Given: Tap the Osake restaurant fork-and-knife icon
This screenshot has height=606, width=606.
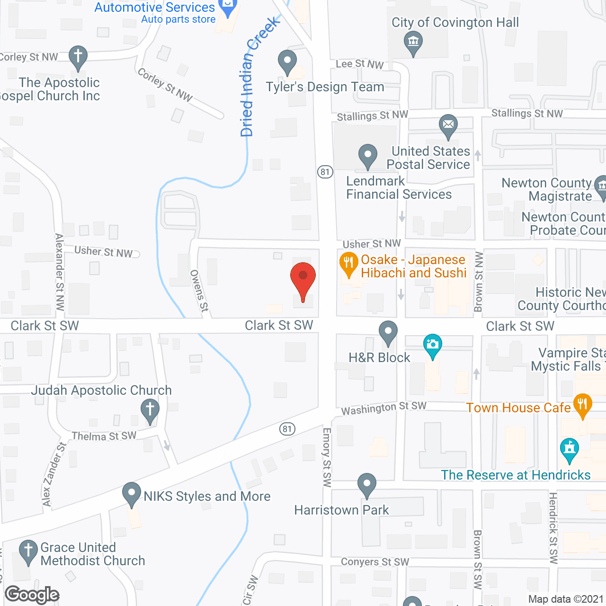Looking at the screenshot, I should [x=348, y=264].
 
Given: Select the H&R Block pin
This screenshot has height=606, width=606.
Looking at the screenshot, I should [x=388, y=332].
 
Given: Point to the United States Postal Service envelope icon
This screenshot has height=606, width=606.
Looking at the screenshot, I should [x=448, y=125].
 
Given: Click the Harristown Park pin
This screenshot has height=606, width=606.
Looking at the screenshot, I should [x=367, y=484].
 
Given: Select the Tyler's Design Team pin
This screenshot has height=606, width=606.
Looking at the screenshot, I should [x=287, y=62].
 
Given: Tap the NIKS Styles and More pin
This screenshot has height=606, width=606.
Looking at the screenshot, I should [x=132, y=493].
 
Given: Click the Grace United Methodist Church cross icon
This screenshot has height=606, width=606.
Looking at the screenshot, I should [x=28, y=551].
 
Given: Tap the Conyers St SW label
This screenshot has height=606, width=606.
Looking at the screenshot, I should [x=375, y=562].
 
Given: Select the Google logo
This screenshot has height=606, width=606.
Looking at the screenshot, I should [x=32, y=595].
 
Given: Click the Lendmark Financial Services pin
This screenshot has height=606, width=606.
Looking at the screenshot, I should [x=367, y=155].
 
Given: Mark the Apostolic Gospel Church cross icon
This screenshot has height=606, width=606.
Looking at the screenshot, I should [x=78, y=57].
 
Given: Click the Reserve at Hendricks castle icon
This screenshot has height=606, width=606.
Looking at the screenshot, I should [x=569, y=449].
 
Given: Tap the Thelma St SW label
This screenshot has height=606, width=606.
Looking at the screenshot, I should [x=104, y=436].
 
